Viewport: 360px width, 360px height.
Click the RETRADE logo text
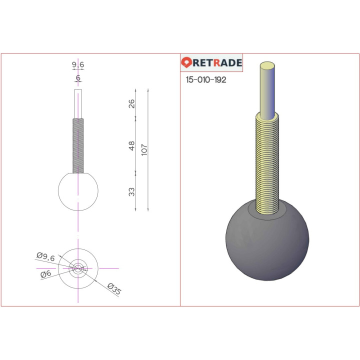coord(217,62)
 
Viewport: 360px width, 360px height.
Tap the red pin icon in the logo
coord(186,62)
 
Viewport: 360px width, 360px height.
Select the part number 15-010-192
coord(206,79)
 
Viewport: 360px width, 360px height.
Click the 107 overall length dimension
coord(144,149)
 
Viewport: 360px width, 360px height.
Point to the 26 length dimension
coord(131,104)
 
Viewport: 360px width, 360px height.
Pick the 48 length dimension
coord(131,146)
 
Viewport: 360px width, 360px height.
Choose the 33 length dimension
coord(131,192)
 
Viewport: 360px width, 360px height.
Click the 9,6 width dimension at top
coord(78,64)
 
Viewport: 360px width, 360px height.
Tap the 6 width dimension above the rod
coord(78,78)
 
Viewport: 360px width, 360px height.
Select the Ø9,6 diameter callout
coord(45,257)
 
